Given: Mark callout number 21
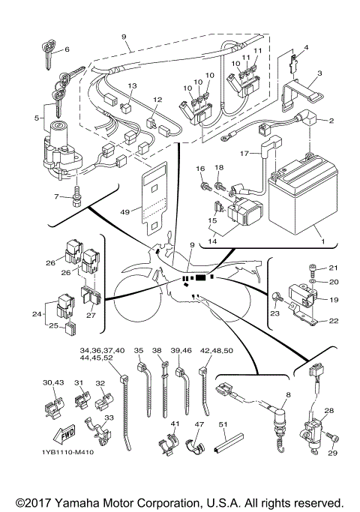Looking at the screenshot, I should pos(334,289).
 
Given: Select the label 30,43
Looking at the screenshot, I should pos(53,383).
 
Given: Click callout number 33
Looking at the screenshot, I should pos(109,418).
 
